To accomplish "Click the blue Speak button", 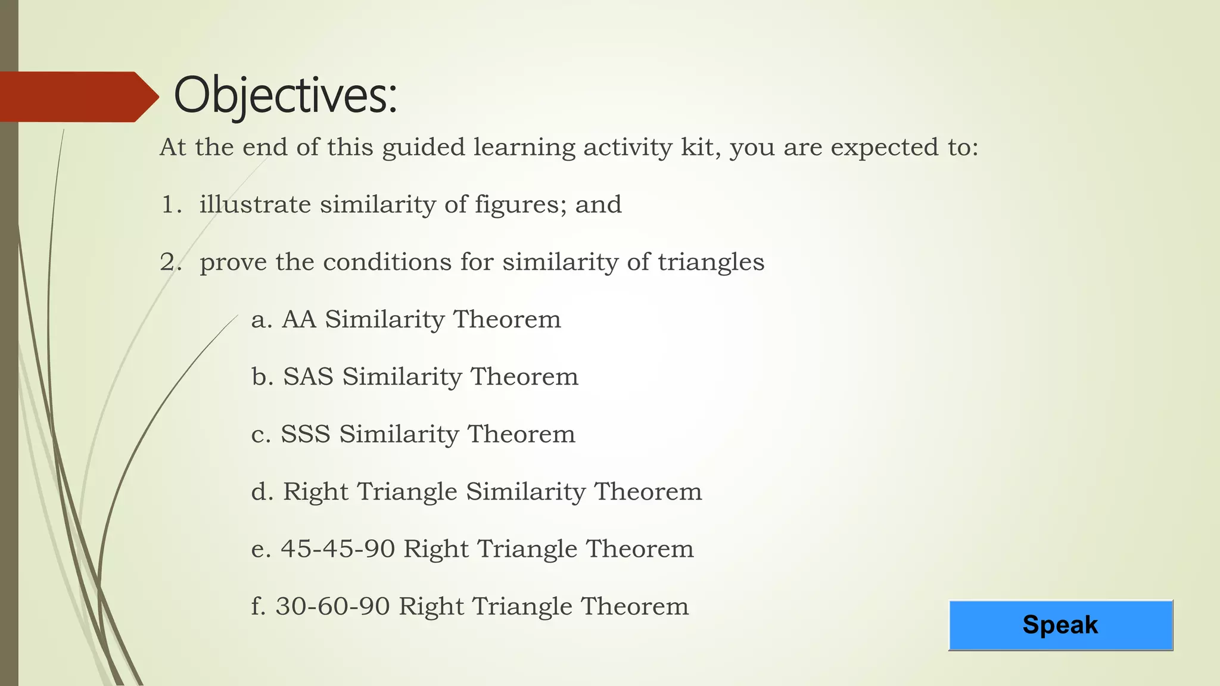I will click(x=1060, y=625).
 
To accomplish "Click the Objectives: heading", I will click(x=285, y=96).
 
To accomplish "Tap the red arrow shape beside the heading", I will click(x=77, y=97).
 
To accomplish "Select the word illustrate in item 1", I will click(x=255, y=205).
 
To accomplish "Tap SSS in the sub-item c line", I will click(x=306, y=434).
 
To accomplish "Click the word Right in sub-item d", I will click(x=315, y=492).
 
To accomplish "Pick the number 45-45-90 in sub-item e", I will click(x=338, y=549).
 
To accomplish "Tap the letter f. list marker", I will click(x=257, y=606).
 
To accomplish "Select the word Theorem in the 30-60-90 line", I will click(x=634, y=607).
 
